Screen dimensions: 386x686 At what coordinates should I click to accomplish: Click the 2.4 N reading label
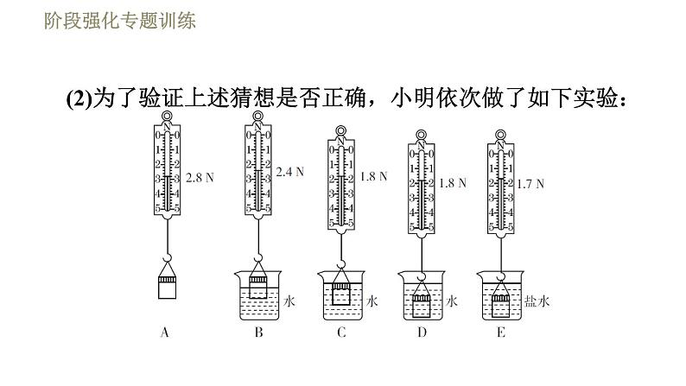[x=290, y=172]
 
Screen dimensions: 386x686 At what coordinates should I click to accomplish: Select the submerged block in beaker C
[x=341, y=296]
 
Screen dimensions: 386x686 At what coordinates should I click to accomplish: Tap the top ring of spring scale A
[x=168, y=123]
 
